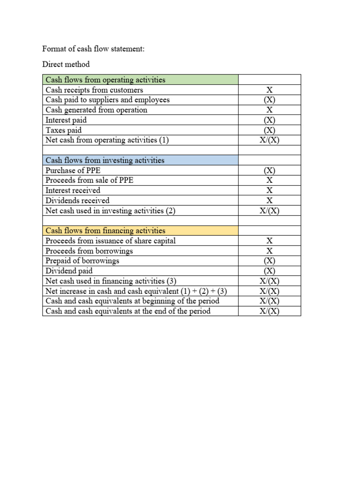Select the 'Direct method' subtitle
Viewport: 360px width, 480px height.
click(66, 64)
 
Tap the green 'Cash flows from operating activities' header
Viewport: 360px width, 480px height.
click(105, 80)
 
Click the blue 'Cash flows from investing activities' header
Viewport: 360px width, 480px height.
click(105, 160)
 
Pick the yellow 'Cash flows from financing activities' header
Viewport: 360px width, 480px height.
click(105, 231)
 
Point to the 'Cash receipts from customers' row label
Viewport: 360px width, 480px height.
click(94, 90)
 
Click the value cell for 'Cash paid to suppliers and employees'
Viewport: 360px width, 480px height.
click(270, 100)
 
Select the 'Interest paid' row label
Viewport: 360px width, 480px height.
click(66, 120)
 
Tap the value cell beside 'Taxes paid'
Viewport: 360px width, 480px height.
click(270, 130)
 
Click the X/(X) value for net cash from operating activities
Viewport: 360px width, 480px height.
click(270, 140)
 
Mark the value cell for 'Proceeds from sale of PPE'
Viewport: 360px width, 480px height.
click(270, 180)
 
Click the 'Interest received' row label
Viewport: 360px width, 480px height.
click(73, 190)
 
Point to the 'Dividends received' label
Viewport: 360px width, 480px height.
click(77, 201)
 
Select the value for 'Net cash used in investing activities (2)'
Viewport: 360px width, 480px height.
click(270, 210)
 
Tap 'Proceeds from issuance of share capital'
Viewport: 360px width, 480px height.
click(111, 241)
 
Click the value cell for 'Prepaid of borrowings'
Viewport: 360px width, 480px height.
click(270, 261)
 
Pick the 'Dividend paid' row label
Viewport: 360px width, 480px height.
click(69, 271)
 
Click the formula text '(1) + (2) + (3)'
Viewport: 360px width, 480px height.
click(204, 291)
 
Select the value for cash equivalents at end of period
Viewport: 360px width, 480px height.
click(270, 311)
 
